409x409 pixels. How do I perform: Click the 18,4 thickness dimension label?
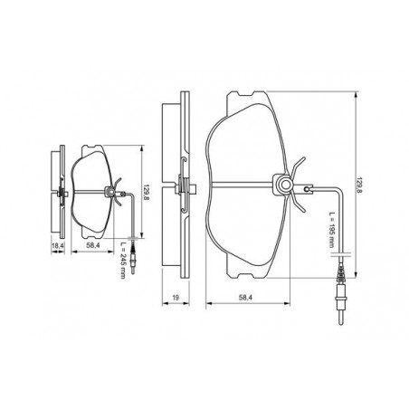pos(58,246)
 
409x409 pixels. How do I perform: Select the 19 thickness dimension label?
pos(176,298)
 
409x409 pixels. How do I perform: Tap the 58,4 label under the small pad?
pos(93,245)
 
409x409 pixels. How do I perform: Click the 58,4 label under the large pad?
pos(245,298)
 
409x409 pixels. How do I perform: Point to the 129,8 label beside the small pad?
pos(147,193)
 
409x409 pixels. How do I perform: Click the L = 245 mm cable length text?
pos(122,260)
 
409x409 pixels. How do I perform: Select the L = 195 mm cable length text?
pos(332,230)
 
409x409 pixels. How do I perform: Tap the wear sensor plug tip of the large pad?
pos(341,319)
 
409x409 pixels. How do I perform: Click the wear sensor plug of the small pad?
pos(132,260)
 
